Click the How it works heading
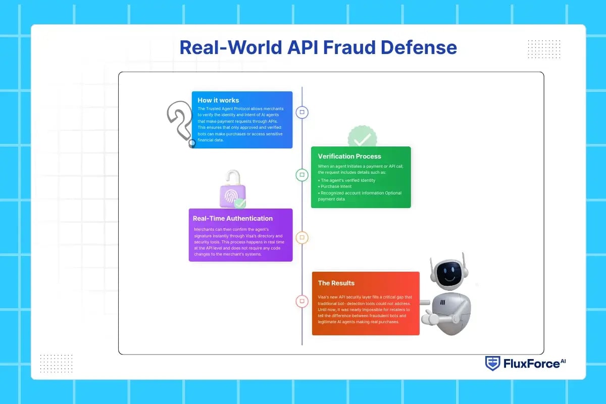click(218, 100)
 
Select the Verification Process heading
click(349, 156)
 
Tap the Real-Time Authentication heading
click(233, 219)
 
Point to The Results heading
click(336, 283)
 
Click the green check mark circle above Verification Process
click(362, 137)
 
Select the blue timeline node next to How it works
click(302, 112)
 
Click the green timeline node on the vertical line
click(302, 175)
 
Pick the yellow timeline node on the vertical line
click(302, 237)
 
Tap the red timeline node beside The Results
click(302, 301)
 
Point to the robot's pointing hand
click(430, 319)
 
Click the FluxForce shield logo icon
click(492, 363)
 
